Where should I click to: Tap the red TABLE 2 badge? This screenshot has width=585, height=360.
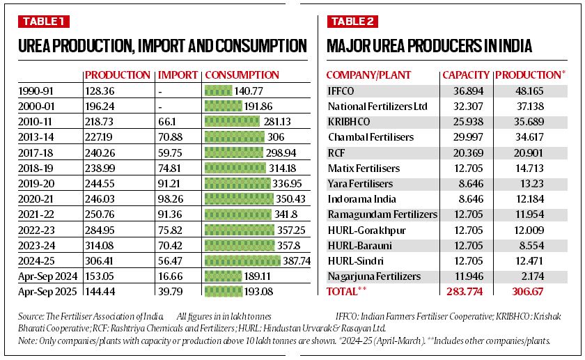[352, 22]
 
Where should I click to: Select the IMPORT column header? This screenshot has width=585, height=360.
[177, 75]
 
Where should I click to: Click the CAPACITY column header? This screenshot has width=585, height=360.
[466, 75]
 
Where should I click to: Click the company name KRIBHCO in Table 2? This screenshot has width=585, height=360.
[349, 121]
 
